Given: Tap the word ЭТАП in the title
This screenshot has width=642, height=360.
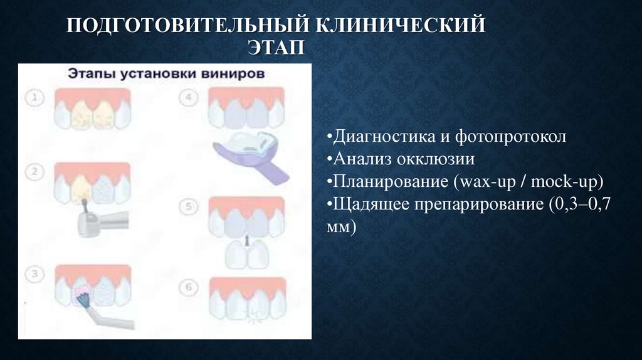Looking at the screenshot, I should coord(276,48).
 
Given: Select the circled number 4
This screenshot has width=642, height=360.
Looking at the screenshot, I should coord(189,98).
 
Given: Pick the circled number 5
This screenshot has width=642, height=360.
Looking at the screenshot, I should coord(189,206).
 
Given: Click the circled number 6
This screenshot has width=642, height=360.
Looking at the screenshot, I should coord(189,286).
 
